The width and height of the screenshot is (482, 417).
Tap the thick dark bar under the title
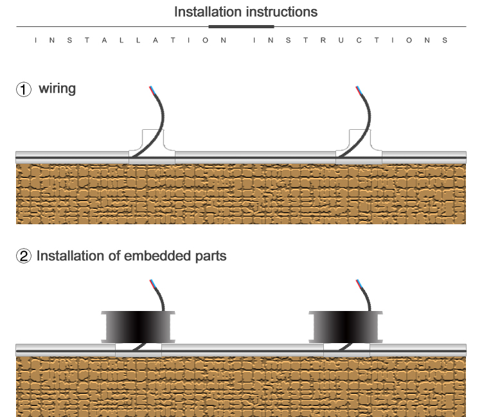click(x=241, y=26)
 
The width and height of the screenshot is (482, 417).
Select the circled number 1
click(x=24, y=89)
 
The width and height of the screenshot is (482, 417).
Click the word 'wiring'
click(x=57, y=88)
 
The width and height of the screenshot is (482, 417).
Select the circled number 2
click(x=24, y=256)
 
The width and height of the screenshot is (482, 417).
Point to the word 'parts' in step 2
click(x=210, y=256)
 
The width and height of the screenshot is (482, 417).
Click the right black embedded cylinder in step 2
click(x=345, y=326)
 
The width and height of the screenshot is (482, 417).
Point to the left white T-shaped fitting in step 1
click(x=152, y=141)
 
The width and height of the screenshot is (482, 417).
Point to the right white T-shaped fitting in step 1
click(x=359, y=141)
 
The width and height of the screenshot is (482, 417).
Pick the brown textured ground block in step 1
click(x=241, y=193)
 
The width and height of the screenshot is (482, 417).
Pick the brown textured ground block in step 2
click(x=241, y=386)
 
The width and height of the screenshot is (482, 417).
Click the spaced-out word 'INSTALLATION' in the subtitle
click(x=130, y=40)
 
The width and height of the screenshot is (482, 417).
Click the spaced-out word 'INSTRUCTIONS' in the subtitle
click(x=351, y=40)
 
